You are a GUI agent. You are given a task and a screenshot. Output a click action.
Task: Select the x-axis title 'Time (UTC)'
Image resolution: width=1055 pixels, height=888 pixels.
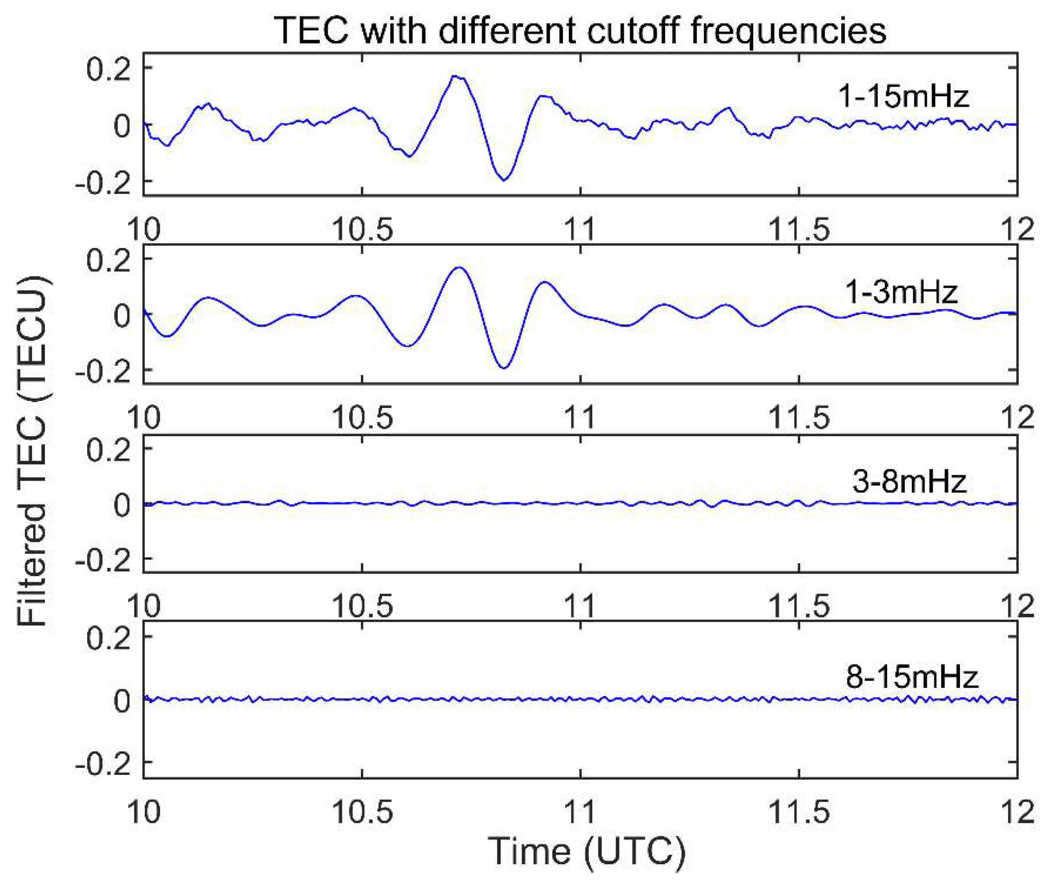coord(587,851)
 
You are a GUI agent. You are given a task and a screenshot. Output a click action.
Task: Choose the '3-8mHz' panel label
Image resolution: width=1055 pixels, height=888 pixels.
coord(909,481)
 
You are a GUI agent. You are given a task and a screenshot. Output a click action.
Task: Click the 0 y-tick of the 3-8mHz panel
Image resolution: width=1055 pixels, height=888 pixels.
coord(122,504)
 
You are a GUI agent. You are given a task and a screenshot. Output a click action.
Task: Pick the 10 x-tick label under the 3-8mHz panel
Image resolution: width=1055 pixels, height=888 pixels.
coord(144,606)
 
